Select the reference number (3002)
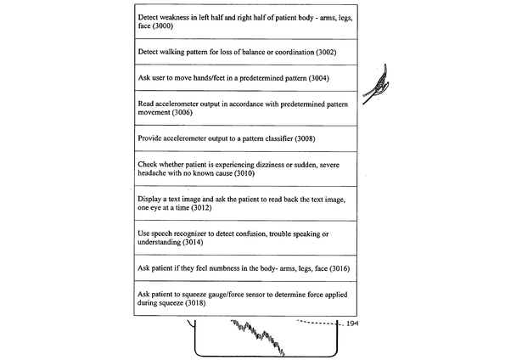(312, 53)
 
